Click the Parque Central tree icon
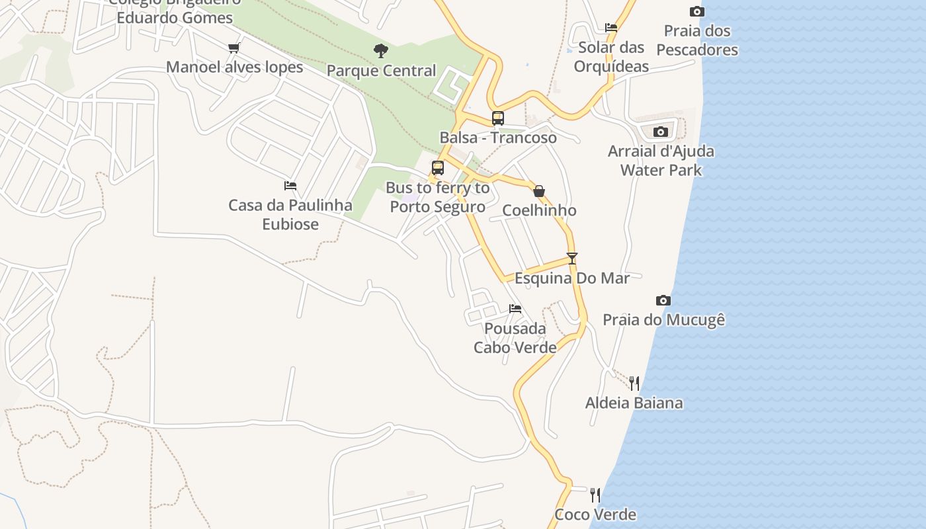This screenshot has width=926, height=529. click(380, 50)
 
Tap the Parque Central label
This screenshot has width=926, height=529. click(381, 71)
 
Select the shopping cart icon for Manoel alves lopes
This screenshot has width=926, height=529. click(233, 48)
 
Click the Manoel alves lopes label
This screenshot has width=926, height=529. click(234, 67)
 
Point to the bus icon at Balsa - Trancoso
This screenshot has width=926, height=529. click(498, 118)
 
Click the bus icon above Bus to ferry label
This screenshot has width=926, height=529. click(437, 168)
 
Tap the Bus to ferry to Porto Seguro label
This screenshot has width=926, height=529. click(437, 197)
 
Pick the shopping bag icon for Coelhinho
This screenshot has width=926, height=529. click(539, 191)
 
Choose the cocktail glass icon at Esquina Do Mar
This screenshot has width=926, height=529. click(572, 259)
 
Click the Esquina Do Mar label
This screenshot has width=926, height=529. click(572, 278)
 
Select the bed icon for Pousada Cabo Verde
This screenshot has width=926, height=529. click(515, 308)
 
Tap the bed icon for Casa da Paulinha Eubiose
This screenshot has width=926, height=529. click(290, 186)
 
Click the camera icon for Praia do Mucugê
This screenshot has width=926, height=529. click(663, 300)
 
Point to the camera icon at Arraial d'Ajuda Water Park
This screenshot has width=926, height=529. click(660, 132)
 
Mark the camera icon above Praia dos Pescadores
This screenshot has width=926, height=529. click(696, 11)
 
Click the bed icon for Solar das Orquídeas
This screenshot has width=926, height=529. click(611, 28)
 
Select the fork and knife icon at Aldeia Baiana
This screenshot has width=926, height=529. click(634, 383)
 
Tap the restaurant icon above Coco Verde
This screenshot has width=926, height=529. click(595, 495)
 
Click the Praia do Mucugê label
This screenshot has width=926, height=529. click(663, 320)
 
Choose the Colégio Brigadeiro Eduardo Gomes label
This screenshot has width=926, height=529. click(174, 11)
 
